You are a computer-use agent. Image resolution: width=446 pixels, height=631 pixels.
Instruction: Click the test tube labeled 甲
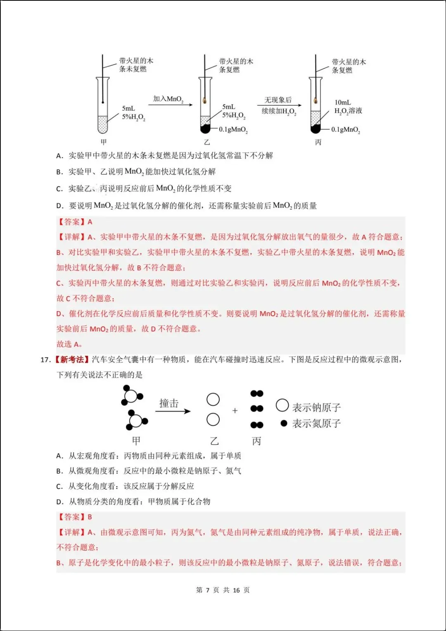coord(102,105)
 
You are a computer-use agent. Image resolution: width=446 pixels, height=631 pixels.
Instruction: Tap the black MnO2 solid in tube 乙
coord(205,129)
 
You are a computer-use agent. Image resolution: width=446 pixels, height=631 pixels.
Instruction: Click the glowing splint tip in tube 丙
coord(316,100)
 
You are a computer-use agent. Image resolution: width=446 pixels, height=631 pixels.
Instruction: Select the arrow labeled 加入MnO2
coord(170,105)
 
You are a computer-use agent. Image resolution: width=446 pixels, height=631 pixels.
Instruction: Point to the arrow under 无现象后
coord(279,106)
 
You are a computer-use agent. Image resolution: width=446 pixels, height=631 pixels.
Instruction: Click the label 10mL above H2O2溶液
coord(343,102)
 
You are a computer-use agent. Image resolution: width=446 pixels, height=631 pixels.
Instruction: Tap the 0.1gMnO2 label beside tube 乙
coord(233,130)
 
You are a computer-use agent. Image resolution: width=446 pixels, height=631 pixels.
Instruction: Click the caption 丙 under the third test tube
coord(318,142)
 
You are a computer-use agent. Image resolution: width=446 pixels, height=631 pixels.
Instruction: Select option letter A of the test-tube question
coord(59,156)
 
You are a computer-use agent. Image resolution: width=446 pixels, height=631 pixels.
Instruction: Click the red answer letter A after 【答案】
coord(90,222)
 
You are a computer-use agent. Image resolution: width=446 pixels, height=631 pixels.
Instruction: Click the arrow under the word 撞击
coord(173,411)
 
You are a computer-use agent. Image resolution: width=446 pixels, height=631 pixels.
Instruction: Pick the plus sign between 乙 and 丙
coord(235,411)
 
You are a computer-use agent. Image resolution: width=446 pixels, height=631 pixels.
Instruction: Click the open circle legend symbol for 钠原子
coord(282,405)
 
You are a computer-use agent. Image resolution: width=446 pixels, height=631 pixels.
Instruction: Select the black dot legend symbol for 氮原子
coord(284,423)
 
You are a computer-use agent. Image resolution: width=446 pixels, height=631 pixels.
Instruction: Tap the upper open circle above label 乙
coord(213,400)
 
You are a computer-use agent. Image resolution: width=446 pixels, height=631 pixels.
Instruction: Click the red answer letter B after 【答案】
coord(90,517)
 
